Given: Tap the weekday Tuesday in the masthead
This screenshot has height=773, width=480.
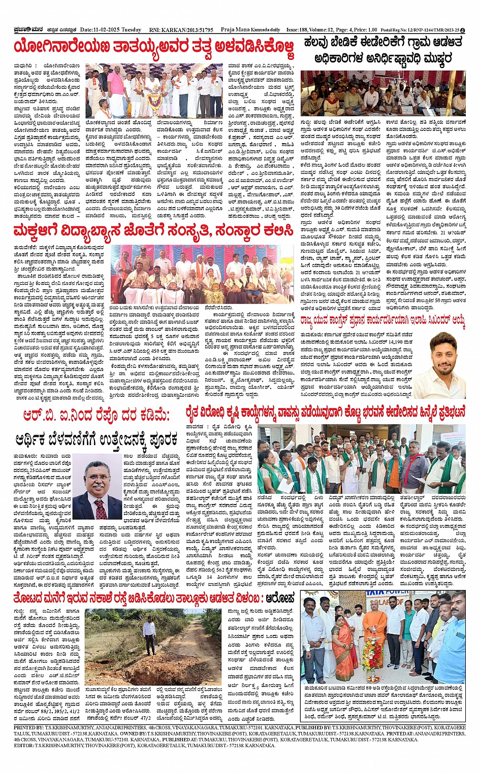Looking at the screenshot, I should [x=132, y=30].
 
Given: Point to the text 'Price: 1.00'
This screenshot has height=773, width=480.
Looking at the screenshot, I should [x=365, y=30].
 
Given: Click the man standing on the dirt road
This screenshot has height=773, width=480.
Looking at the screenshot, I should [x=149, y=634].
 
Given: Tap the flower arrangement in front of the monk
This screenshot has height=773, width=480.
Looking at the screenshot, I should [x=372, y=660].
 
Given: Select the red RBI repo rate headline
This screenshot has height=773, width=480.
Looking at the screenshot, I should [x=97, y=416].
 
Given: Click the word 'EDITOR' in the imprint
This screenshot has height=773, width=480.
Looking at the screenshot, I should [x=24, y=746].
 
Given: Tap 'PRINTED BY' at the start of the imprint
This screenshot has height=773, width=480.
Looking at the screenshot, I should [x=28, y=727].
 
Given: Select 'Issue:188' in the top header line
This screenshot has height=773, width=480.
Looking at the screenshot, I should [x=299, y=30].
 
